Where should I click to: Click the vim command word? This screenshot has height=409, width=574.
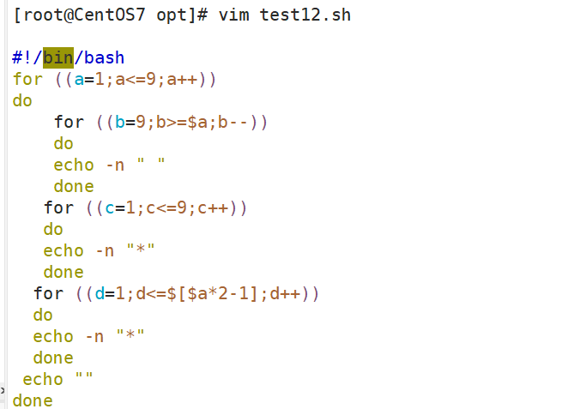pyautogui.click(x=233, y=15)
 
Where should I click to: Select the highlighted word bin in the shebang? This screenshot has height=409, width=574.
pyautogui.click(x=58, y=58)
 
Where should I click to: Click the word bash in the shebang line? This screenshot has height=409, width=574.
pyautogui.click(x=104, y=58)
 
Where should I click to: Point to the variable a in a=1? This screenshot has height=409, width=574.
pyautogui.click(x=79, y=80)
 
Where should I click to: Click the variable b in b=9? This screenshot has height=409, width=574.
pyautogui.click(x=120, y=123)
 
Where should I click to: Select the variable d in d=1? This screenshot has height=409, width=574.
pyautogui.click(x=100, y=294)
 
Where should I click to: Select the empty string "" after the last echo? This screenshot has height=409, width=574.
pyautogui.click(x=84, y=379)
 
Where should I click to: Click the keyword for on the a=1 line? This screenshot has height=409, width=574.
pyautogui.click(x=27, y=80)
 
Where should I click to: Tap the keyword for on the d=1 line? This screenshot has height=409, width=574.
pyautogui.click(x=48, y=294)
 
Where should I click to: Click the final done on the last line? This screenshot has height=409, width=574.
pyautogui.click(x=33, y=400)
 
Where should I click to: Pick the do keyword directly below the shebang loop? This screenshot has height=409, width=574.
pyautogui.click(x=22, y=101)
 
